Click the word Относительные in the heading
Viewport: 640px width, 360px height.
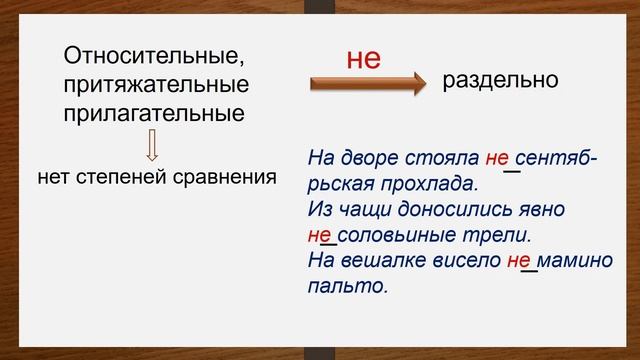153,55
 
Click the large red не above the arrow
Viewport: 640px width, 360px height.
364,59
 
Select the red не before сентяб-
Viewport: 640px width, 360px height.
497,159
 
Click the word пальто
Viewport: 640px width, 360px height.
346,287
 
